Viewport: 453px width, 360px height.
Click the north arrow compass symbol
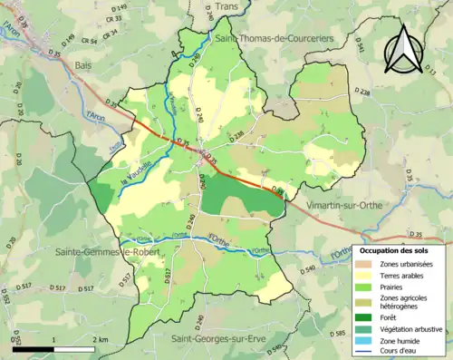click(404, 49)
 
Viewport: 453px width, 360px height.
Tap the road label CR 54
click(87, 42)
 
